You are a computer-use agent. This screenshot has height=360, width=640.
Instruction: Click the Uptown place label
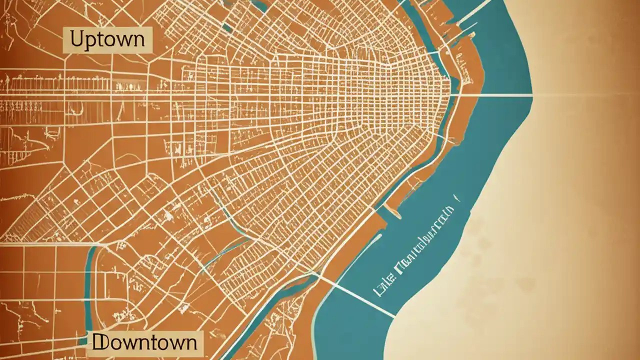[x=107, y=39]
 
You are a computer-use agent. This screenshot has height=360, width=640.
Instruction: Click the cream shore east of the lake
[x=550, y=225]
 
